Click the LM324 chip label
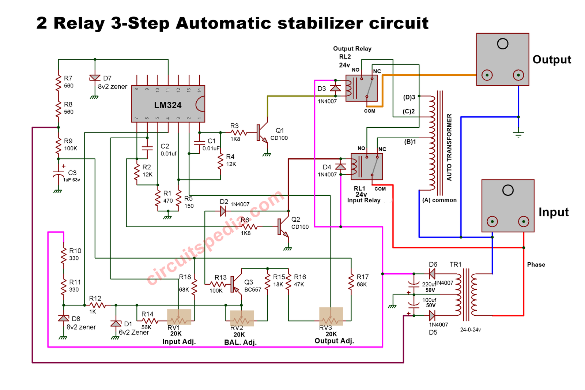[x=168, y=105]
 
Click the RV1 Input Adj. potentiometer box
[x=179, y=317]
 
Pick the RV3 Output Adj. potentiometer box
[x=331, y=316]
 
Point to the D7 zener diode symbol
[x=95, y=78]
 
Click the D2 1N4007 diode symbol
[x=223, y=211]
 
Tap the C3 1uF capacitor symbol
[x=58, y=174]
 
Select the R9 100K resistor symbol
[x=58, y=145]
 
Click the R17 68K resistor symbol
[x=351, y=281]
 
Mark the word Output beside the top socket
[x=551, y=60]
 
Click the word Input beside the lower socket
[x=553, y=212]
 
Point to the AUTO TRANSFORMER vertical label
[x=449, y=147]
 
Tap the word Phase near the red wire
[x=536, y=265]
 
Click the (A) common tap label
[x=439, y=200]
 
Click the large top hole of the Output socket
[x=502, y=44]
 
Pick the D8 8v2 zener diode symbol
[x=64, y=319]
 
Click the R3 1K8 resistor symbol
[x=238, y=133]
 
